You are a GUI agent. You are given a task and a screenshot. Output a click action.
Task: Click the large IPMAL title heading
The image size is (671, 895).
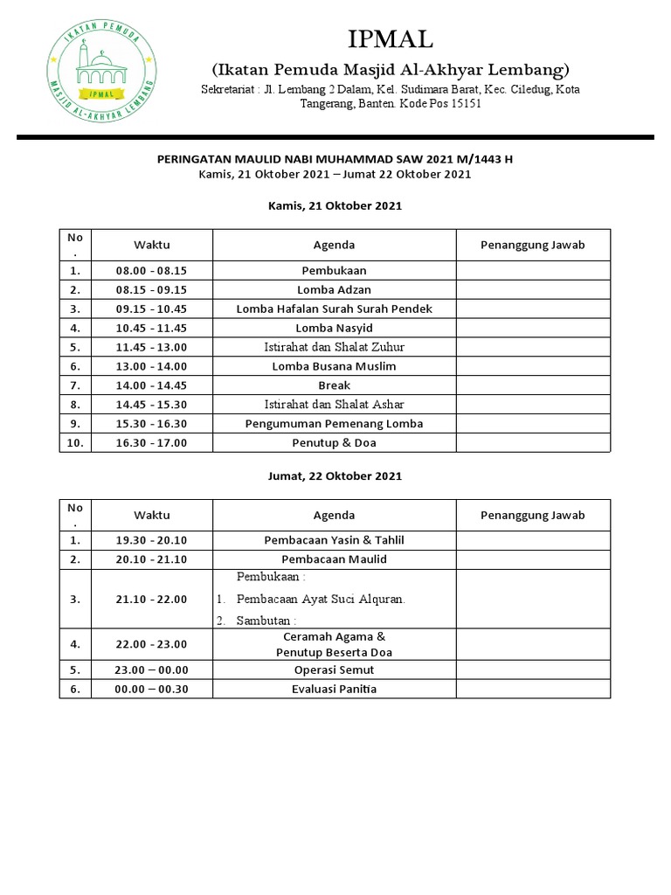tap(390, 39)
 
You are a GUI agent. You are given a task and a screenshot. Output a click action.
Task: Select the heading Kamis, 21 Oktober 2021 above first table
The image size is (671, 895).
tap(334, 205)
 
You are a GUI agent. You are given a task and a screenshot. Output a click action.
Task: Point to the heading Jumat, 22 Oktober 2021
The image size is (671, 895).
tap(334, 476)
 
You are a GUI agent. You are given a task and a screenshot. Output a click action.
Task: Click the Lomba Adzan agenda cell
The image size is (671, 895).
tap(334, 289)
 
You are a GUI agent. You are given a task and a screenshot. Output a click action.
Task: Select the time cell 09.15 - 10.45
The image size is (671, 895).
tap(152, 309)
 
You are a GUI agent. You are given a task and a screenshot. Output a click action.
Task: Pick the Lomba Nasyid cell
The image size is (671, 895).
tap(334, 328)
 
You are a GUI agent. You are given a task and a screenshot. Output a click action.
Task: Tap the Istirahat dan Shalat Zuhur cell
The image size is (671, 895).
tap(334, 347)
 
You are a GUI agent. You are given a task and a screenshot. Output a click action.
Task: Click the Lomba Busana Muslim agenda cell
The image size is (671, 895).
tap(334, 366)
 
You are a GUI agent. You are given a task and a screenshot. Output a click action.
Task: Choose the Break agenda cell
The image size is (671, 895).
tap(334, 385)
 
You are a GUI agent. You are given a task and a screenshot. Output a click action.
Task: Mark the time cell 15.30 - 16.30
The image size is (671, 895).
tap(152, 424)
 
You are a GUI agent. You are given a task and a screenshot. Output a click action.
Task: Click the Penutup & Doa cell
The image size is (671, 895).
tap(334, 443)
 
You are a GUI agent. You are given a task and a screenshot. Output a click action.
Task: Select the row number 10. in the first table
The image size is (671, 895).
tap(75, 443)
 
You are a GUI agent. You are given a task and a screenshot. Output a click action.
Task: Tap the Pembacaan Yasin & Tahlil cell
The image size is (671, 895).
tap(334, 540)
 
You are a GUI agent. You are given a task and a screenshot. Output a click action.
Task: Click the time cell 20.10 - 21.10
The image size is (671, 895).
tap(152, 559)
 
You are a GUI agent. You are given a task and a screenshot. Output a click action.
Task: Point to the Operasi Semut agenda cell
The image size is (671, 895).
tap(334, 670)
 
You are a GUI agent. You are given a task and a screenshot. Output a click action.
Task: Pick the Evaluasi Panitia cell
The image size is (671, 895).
tap(334, 690)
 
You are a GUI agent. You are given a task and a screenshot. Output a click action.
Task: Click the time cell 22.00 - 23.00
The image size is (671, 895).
tap(152, 644)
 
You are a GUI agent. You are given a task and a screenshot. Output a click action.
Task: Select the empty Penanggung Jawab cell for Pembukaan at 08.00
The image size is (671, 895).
tap(532, 270)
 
